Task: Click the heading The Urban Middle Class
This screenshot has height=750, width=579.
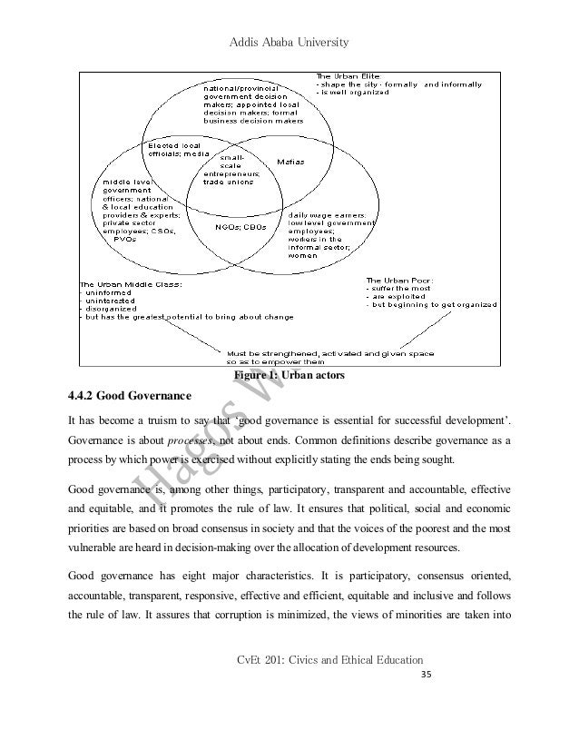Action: tap(132, 285)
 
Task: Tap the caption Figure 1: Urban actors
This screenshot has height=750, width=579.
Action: tap(289, 374)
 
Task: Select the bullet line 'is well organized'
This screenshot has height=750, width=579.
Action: tap(354, 92)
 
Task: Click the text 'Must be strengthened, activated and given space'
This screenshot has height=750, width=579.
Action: tap(329, 352)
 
